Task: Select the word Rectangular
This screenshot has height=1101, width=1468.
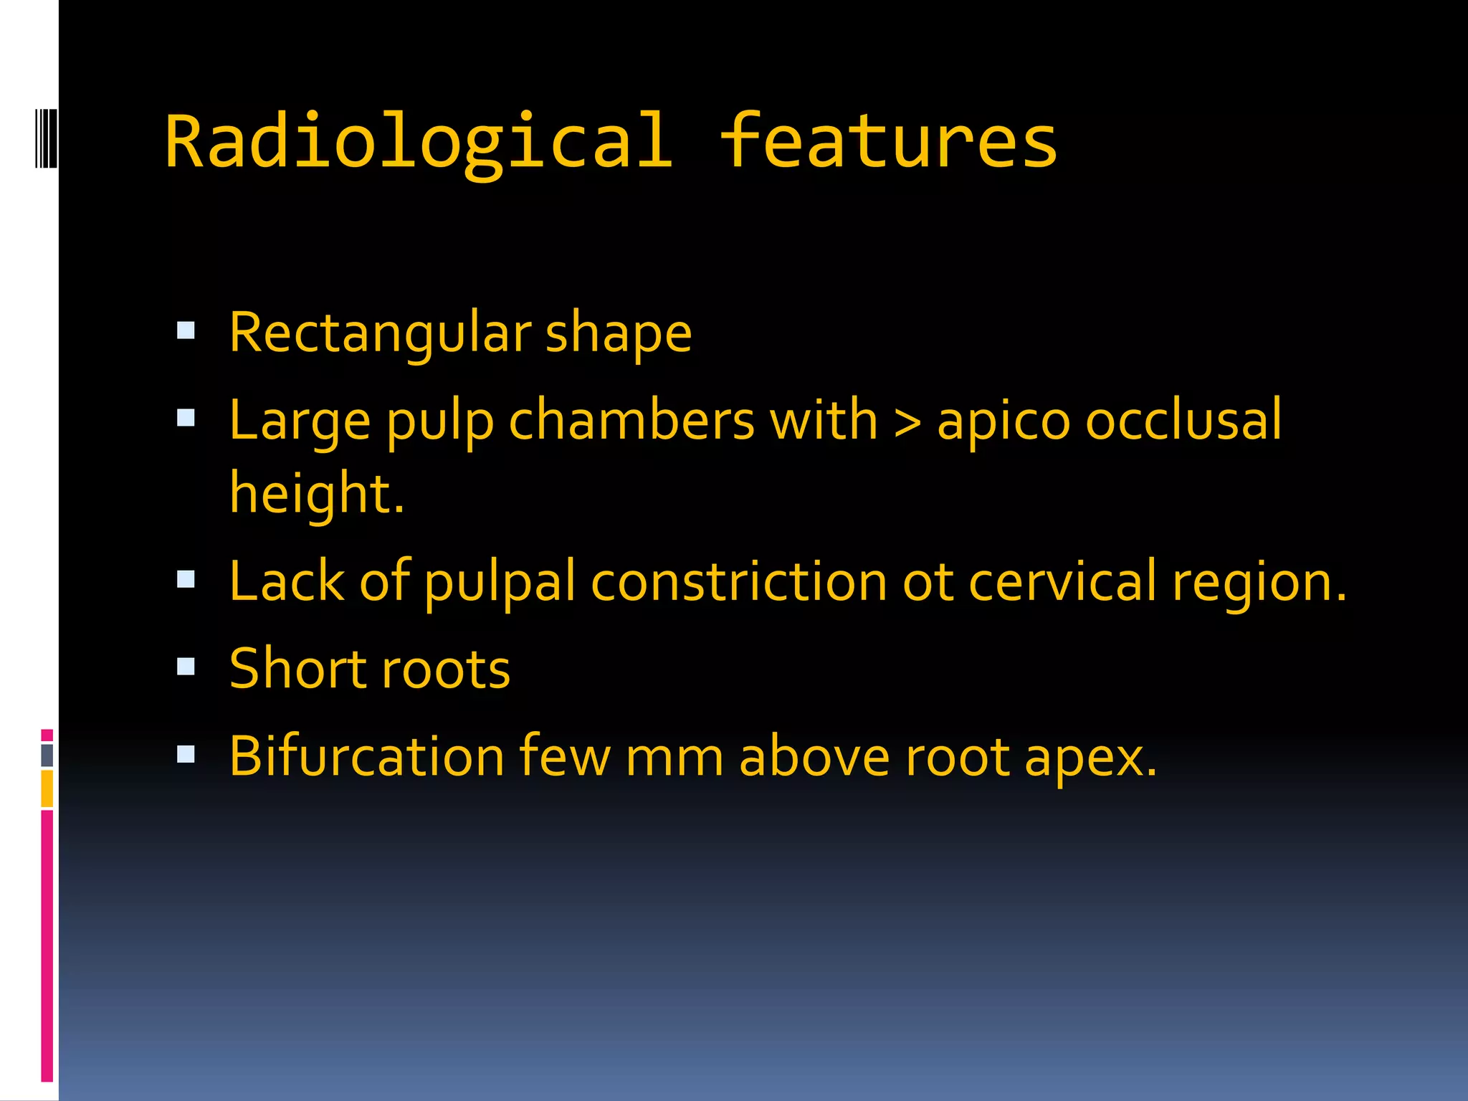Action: [380, 334]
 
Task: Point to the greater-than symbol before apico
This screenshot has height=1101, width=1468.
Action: [907, 422]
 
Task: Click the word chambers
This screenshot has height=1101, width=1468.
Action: [631, 421]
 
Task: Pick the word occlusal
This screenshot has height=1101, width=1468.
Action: [1183, 421]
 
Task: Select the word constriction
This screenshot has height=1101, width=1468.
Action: [738, 581]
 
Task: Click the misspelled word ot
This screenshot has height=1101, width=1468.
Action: [928, 583]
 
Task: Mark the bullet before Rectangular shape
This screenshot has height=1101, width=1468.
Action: [186, 330]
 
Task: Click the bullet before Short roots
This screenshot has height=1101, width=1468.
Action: [186, 667]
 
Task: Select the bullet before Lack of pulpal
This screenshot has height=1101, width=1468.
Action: [186, 579]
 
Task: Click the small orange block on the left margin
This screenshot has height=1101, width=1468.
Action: [47, 788]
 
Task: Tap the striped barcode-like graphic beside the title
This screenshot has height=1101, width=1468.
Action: [46, 137]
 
